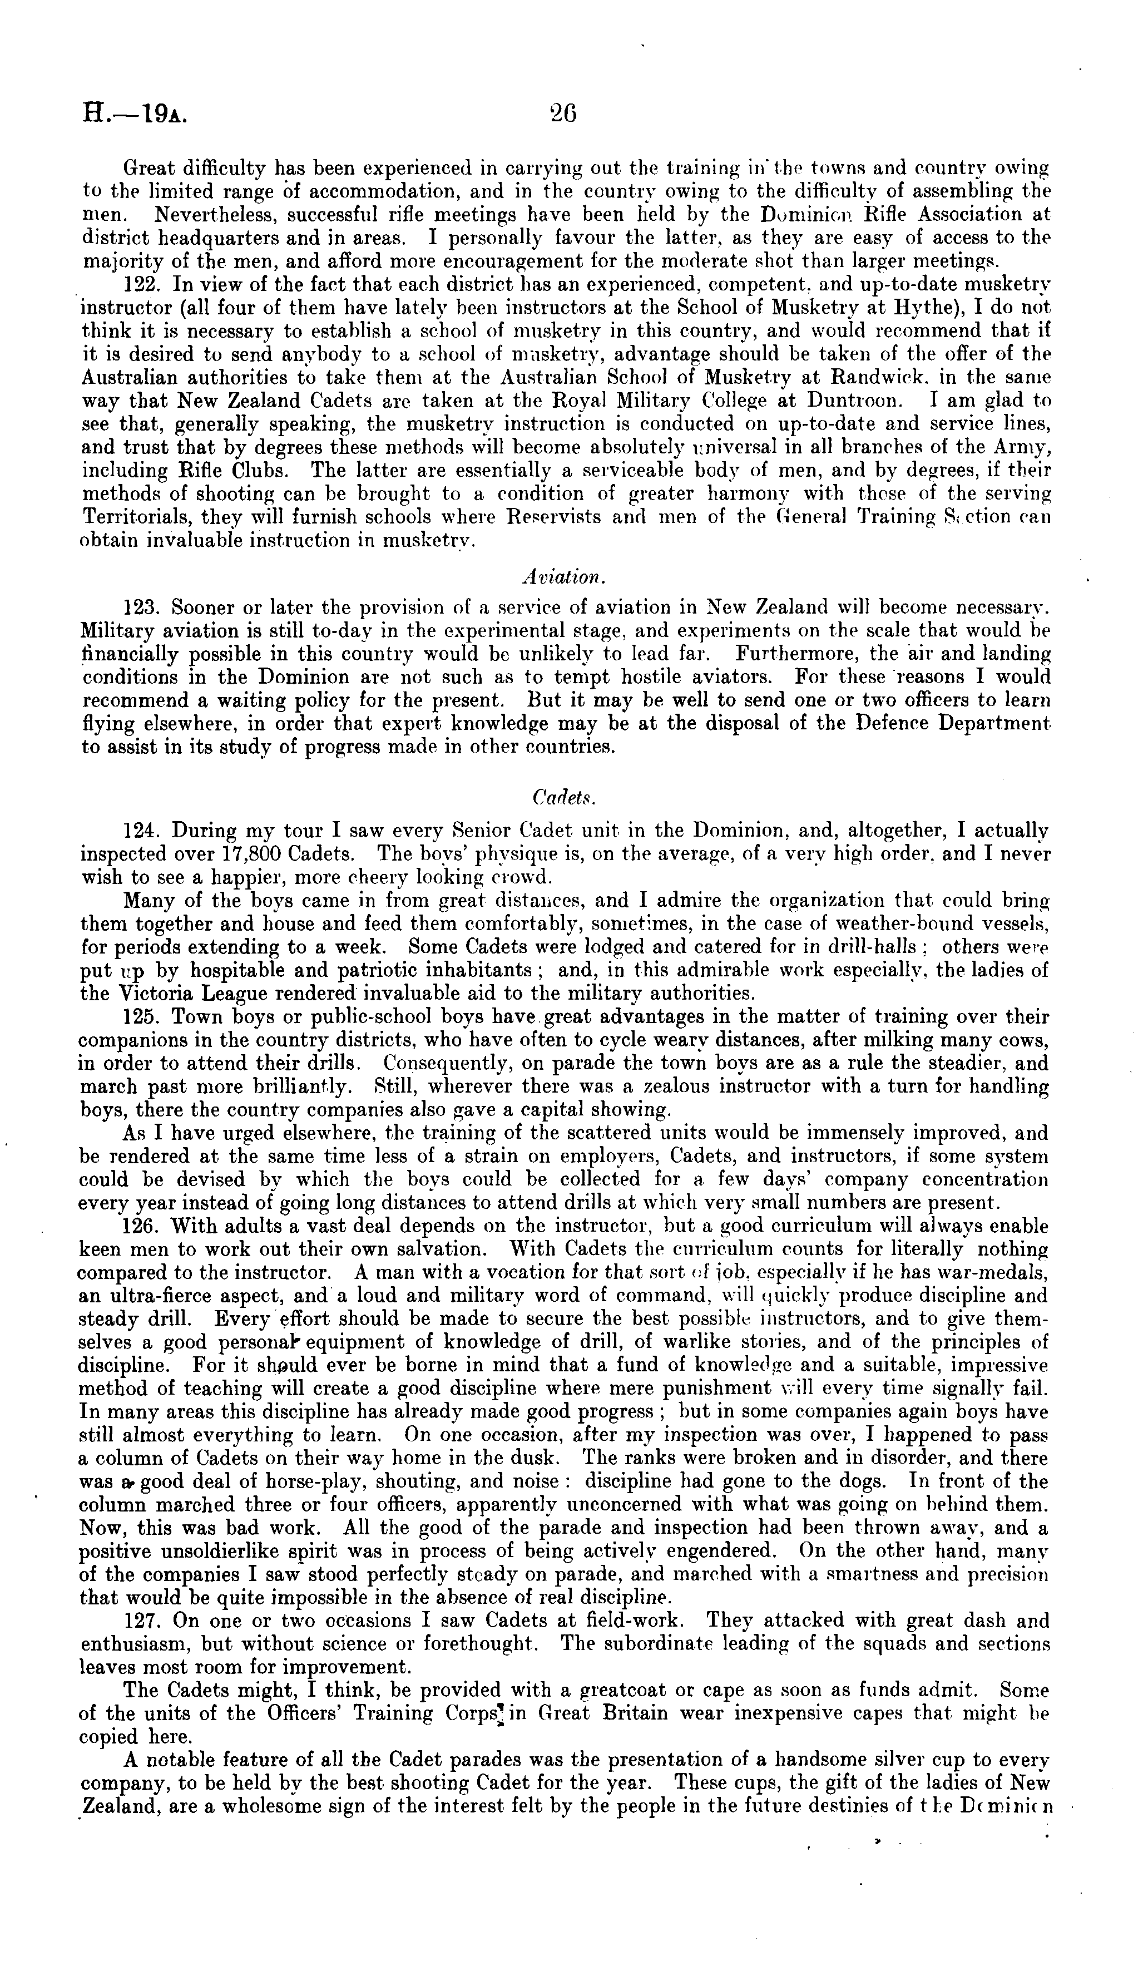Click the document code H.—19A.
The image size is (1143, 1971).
(135, 115)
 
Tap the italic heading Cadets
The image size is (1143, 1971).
(563, 796)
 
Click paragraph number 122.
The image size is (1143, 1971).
(141, 285)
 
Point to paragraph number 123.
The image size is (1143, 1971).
(141, 607)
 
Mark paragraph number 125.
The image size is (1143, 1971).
(141, 1017)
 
